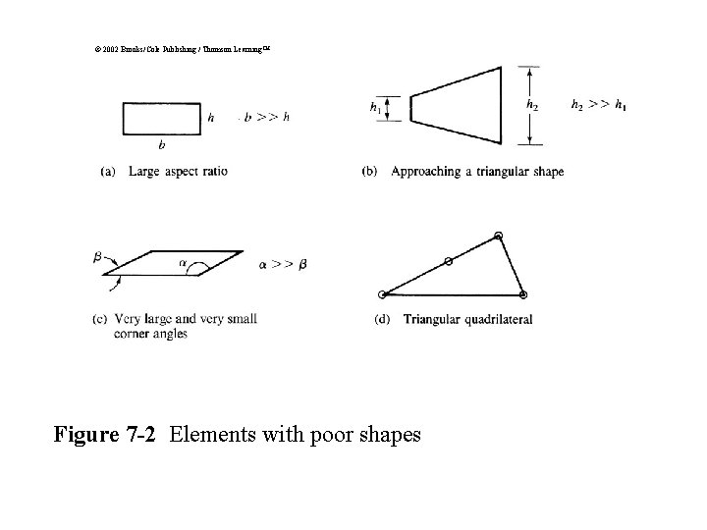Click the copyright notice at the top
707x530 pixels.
point(176,46)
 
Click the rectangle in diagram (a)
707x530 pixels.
point(162,118)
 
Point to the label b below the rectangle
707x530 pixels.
point(162,144)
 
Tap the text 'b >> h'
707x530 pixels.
point(266,118)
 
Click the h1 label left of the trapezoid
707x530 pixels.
point(375,107)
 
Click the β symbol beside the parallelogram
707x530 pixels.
point(98,257)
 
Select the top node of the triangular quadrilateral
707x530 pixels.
point(499,236)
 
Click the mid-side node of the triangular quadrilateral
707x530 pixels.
point(448,261)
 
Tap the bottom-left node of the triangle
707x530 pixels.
point(382,293)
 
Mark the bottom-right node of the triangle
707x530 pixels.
point(522,293)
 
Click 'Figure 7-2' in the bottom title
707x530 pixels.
point(105,433)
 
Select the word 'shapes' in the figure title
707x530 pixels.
point(388,434)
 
